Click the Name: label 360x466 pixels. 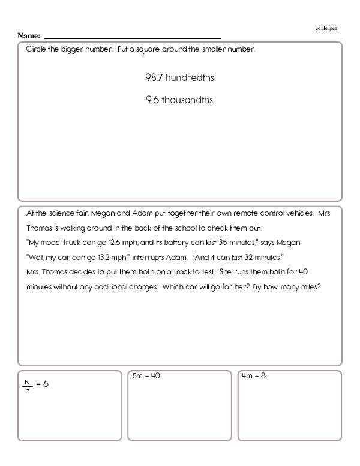click(29, 35)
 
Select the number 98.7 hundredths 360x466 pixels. click(180, 78)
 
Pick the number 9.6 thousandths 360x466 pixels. click(179, 100)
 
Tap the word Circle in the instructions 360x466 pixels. click(37, 49)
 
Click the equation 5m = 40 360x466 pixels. click(146, 377)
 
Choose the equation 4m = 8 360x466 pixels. click(254, 377)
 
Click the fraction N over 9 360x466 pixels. click(26, 384)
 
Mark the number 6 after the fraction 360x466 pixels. click(45, 384)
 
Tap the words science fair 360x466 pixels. click(64, 213)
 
